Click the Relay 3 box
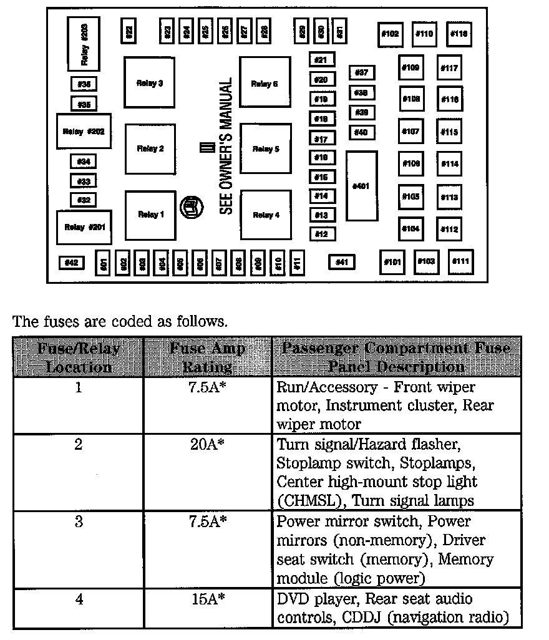[150, 83]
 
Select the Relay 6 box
[265, 83]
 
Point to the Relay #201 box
[84, 227]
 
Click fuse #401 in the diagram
[362, 185]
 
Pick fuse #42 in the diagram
[71, 263]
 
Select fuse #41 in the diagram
[341, 262]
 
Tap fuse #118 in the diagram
[459, 34]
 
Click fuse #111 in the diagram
[461, 261]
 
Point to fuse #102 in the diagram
[390, 34]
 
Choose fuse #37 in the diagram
[362, 73]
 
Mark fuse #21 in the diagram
[322, 60]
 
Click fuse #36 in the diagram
[84, 84]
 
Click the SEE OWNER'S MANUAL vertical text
[226, 146]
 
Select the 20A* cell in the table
[208, 445]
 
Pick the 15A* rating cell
[208, 599]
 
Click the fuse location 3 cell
[79, 522]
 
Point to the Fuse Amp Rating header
[208, 357]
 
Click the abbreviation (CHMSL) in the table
[311, 501]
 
